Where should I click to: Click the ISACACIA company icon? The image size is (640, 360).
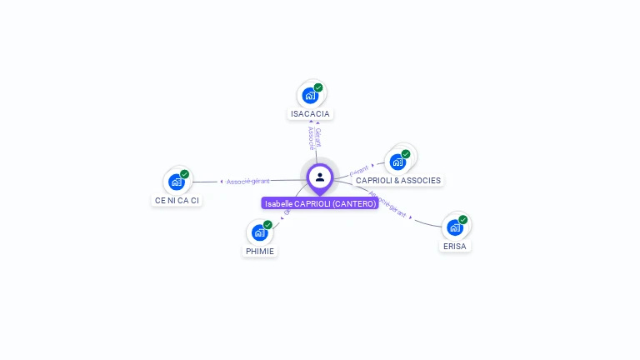310,95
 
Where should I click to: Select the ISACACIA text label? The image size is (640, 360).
310,113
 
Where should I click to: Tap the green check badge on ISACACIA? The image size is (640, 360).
318,87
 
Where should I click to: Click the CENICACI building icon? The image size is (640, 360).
176,182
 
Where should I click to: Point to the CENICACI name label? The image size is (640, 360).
177,200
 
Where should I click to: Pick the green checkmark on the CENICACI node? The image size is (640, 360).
184,174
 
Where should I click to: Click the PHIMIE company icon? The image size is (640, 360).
259,232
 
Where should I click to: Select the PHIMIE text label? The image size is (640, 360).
260,251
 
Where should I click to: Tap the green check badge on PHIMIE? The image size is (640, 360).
267,225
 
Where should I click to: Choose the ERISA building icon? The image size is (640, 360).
454,227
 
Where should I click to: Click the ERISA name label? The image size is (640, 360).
455,247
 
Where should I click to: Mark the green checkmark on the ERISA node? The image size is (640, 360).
462,220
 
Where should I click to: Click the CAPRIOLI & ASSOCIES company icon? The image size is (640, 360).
397,161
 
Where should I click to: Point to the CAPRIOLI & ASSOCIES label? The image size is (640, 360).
397,180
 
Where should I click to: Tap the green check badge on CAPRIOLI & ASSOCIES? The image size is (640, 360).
406,154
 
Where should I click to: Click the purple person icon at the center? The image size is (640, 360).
320,177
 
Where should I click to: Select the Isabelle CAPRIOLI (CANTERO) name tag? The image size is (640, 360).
320,203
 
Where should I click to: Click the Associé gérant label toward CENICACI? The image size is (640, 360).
247,181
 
